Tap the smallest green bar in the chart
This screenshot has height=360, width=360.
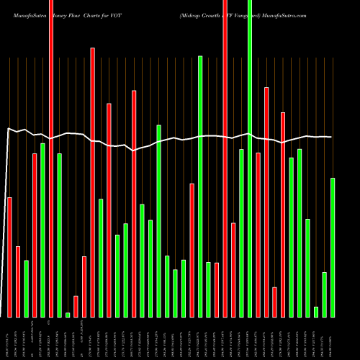click(x=68, y=315)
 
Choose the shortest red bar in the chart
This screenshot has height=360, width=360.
click(x=76, y=306)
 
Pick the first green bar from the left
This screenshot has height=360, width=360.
click(x=26, y=288)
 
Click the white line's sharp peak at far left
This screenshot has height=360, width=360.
click(x=8, y=129)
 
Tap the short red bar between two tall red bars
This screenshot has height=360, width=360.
click(x=274, y=302)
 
